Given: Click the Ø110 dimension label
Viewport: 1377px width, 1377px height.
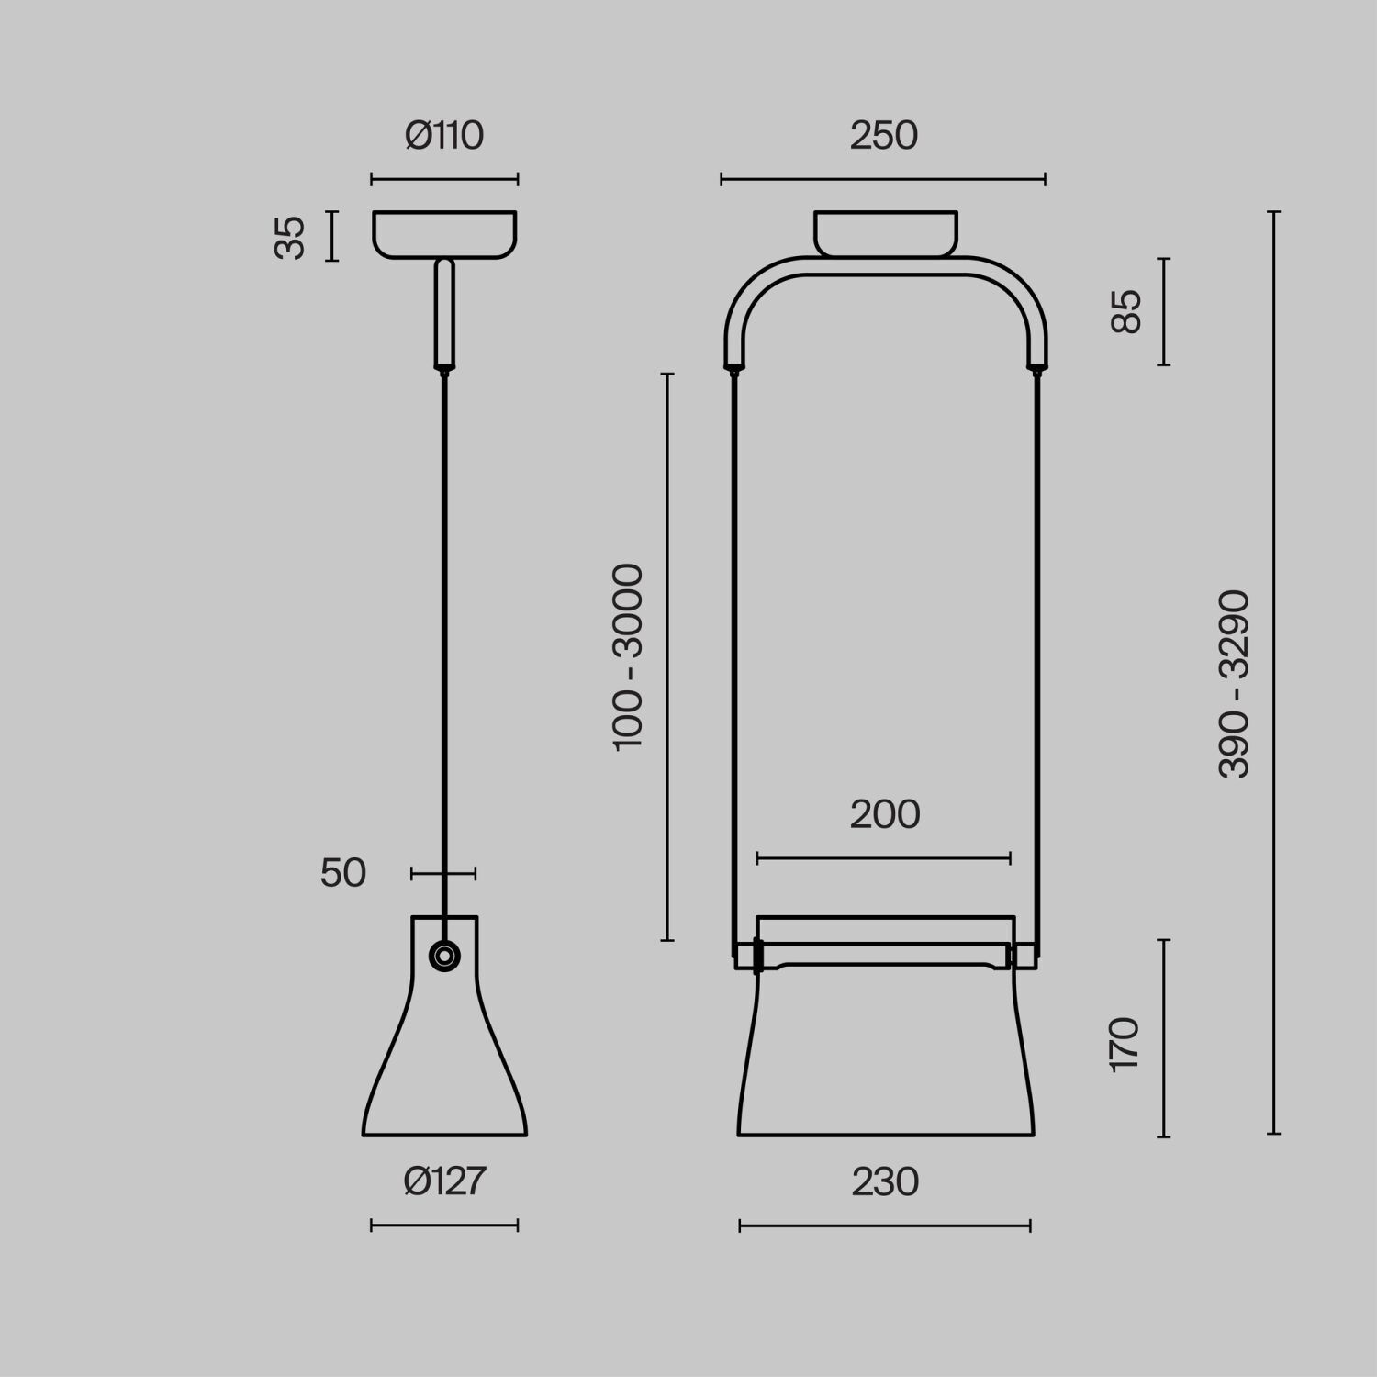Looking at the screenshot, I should (x=444, y=136).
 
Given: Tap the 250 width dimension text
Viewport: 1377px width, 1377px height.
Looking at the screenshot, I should (x=883, y=136).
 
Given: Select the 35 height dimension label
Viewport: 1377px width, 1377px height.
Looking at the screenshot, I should (x=290, y=238).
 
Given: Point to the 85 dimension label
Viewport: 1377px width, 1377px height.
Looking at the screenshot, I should (x=1125, y=311).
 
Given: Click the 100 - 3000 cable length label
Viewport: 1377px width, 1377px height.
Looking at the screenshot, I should (x=629, y=657).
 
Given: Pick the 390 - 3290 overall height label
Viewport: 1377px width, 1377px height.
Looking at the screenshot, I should (x=1235, y=684).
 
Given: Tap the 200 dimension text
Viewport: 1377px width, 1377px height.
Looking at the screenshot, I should (x=884, y=815).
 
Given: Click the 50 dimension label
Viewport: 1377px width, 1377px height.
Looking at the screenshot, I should (x=343, y=873).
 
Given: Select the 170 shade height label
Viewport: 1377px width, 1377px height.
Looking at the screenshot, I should (x=1125, y=1044).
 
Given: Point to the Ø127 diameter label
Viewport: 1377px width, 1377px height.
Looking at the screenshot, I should (x=444, y=1181).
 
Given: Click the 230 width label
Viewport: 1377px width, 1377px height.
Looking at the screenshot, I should (x=884, y=1182).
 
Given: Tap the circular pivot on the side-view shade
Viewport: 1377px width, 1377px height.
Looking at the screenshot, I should (x=444, y=956).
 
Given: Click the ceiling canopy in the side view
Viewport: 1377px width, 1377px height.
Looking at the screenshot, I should (x=444, y=234).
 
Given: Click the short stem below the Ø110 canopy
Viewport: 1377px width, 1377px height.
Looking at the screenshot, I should (x=444, y=314).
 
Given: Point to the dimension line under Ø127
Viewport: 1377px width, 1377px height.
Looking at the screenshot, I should (x=444, y=1226).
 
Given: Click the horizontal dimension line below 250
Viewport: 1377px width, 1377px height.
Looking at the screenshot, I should (x=883, y=180).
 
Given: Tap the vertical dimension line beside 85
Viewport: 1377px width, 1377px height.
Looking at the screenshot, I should (x=1164, y=311).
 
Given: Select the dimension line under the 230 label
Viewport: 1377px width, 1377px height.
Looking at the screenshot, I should (x=884, y=1226).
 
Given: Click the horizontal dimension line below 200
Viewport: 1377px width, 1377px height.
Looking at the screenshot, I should (x=884, y=859).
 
